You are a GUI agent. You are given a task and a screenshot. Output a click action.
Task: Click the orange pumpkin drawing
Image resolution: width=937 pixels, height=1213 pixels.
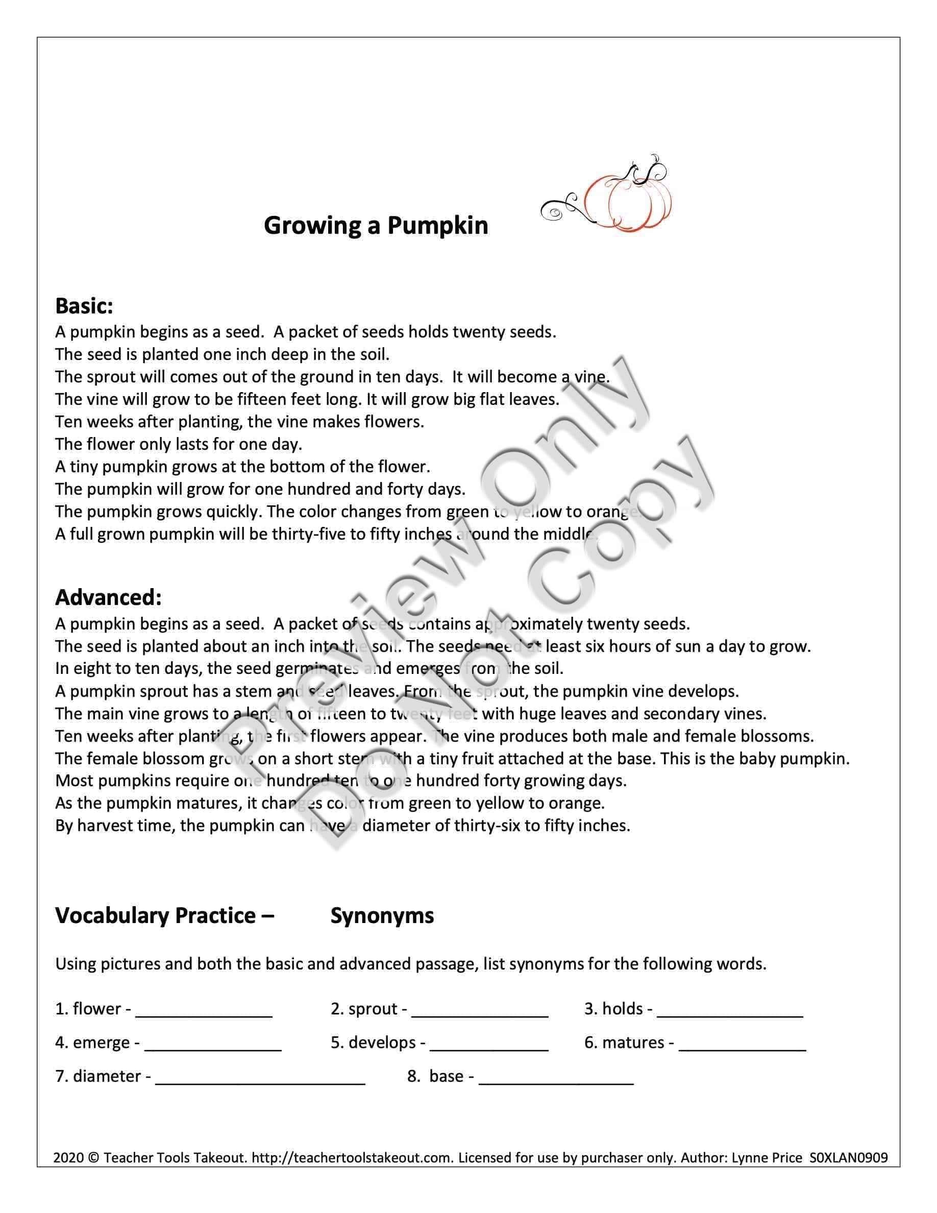[x=638, y=201]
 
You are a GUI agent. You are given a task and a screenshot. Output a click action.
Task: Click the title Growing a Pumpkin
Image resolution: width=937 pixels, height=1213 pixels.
[x=376, y=226]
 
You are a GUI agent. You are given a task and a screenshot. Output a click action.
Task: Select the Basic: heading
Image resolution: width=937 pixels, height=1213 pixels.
[x=84, y=306]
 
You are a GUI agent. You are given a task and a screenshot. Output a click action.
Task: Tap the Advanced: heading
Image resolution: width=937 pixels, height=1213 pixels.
[x=108, y=598]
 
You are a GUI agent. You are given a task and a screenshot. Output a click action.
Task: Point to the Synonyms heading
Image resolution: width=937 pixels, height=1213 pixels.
[x=382, y=916]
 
